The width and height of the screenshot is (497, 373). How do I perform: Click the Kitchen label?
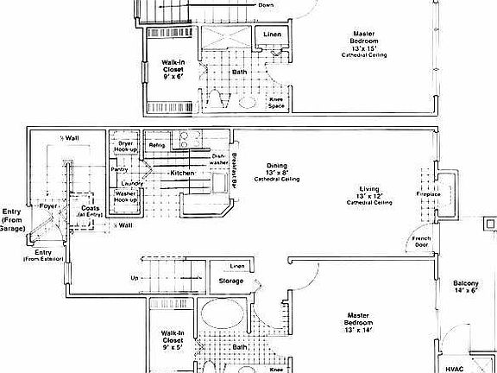pyautogui.click(x=182, y=174)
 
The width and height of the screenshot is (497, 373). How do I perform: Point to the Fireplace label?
pyautogui.click(x=428, y=194)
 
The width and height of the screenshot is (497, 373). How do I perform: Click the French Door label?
pyautogui.click(x=421, y=241)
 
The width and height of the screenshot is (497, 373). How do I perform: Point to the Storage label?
pyautogui.click(x=230, y=281)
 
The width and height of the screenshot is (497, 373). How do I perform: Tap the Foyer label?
pyautogui.click(x=49, y=206)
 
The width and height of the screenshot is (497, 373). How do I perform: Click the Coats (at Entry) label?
pyautogui.click(x=89, y=210)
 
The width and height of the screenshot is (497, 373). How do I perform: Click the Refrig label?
pyautogui.click(x=158, y=144)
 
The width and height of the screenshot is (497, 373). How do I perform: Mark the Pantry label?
pyautogui.click(x=119, y=169)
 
